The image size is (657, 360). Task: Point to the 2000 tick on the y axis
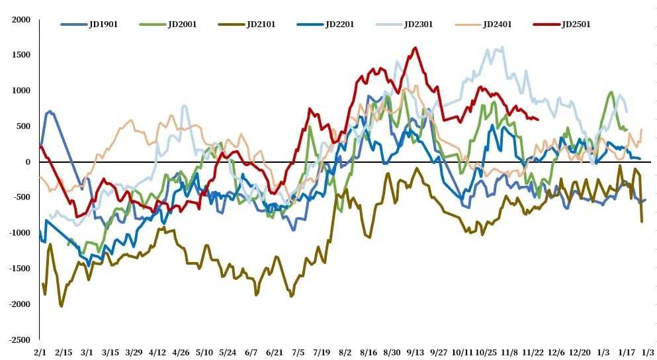click(22, 20)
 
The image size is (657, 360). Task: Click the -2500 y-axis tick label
click(20, 339)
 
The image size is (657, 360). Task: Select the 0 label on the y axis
click(28, 162)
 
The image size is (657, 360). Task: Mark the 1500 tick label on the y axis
click(22, 56)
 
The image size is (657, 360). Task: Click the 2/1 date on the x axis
click(40, 352)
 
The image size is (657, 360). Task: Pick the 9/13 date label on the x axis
click(416, 352)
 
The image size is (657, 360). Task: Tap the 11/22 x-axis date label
click(533, 352)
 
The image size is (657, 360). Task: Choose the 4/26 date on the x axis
click(181, 352)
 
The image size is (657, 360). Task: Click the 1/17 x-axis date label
click(625, 352)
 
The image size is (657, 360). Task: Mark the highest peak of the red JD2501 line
click(415, 48)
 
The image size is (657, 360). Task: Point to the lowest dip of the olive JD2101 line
click(62, 306)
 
